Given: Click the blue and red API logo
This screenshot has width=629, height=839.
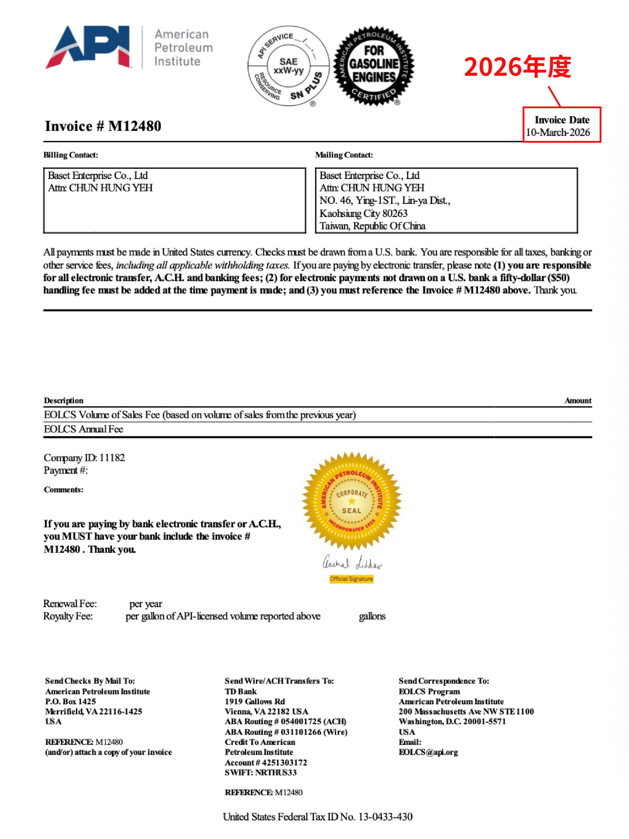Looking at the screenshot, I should (88, 47).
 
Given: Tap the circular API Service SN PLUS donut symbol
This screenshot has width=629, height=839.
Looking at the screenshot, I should (289, 67).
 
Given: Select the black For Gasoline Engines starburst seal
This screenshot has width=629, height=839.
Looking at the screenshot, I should (373, 66).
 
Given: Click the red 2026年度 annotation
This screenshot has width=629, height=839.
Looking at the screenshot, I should (517, 67).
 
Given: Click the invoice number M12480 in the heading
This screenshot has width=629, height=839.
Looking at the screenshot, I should (135, 126).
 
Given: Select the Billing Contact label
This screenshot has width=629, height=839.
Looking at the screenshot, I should (70, 155).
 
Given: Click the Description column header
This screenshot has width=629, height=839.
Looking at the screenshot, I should (63, 400).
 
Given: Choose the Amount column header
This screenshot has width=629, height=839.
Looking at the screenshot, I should (578, 400).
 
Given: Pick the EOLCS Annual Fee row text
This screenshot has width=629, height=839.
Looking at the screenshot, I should (84, 429).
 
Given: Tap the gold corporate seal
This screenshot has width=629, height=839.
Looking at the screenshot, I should (352, 501).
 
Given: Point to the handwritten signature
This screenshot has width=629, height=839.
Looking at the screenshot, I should (352, 563).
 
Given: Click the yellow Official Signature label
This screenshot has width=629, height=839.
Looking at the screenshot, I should (351, 579).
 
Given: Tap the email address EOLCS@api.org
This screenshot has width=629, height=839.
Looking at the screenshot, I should (428, 752).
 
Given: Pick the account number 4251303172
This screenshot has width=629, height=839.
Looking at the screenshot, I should (284, 762).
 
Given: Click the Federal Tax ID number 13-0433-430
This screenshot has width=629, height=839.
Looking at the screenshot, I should (385, 817).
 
